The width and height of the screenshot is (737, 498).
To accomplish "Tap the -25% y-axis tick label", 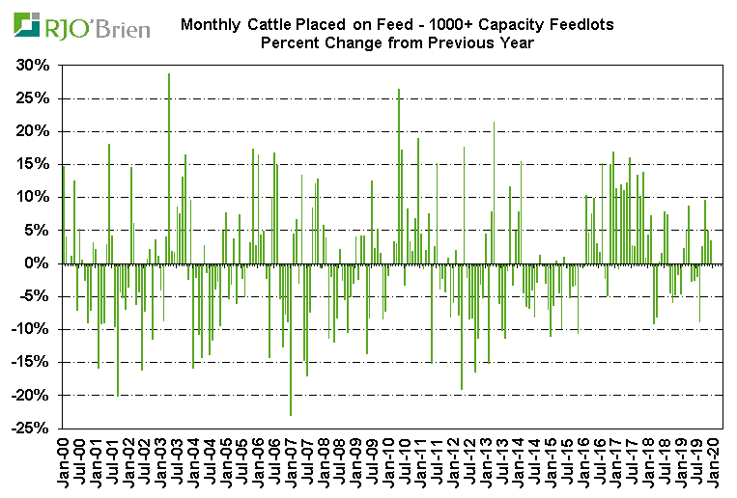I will pos(30,429).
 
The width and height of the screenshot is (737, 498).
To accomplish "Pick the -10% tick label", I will pos(30,329).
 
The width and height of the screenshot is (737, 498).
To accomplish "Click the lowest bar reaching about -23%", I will pos(291,339).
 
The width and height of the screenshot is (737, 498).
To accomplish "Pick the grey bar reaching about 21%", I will pos(494,192).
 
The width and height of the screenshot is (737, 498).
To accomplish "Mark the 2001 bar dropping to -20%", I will pos(118,329).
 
